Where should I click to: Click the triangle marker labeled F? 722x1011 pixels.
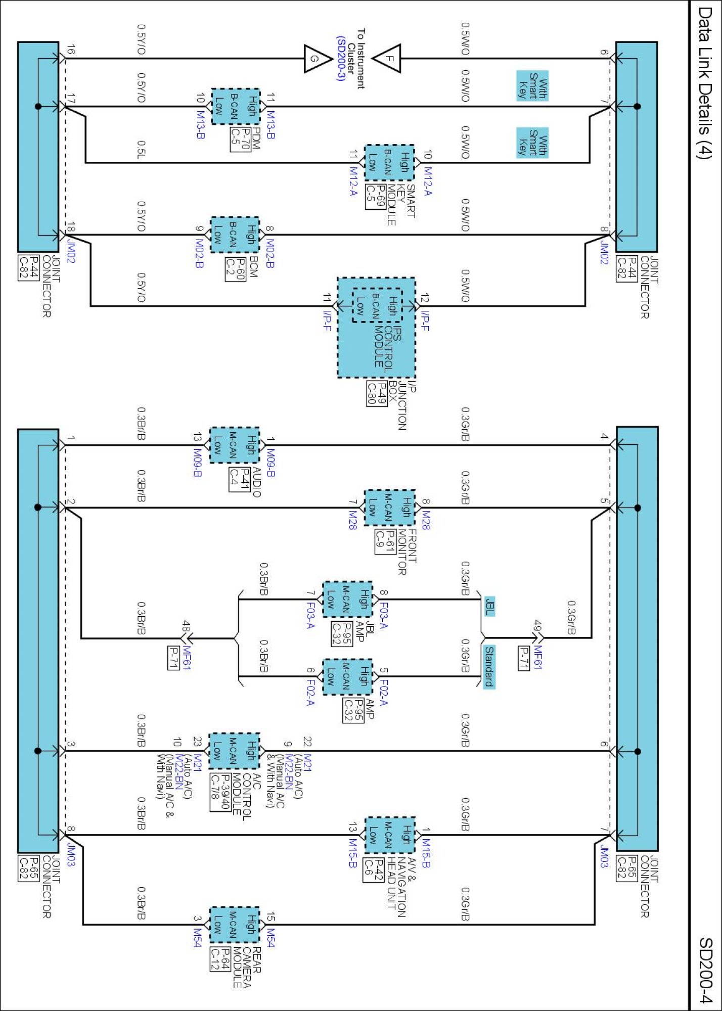coord(389,59)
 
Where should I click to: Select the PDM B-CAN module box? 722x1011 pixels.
coord(235,106)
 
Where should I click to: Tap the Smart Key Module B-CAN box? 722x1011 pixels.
coord(389,163)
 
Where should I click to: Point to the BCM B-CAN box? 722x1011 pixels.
coord(235,235)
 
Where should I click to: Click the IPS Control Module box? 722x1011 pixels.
coord(376,327)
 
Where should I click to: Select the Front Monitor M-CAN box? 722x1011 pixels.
coord(389,508)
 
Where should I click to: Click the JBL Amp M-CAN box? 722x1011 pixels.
coord(347,600)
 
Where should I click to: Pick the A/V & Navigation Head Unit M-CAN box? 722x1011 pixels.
coord(389,835)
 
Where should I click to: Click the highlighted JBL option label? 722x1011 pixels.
coord(489,606)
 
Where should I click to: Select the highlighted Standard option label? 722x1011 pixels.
coord(489,666)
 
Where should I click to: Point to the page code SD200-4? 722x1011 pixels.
coord(706,970)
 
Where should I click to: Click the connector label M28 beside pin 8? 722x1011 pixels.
coord(426,520)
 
